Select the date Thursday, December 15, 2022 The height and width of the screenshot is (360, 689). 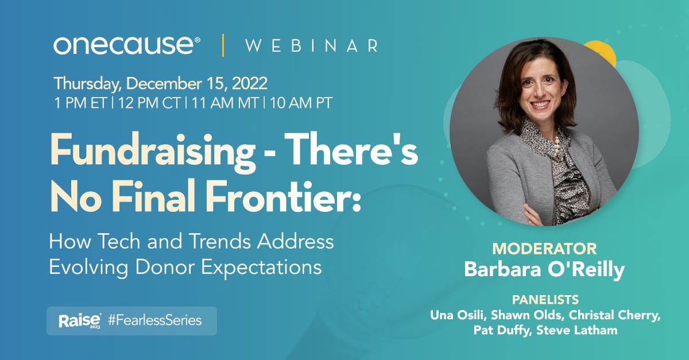pyautogui.click(x=161, y=83)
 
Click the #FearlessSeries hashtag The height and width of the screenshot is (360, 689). pyautogui.click(x=158, y=320)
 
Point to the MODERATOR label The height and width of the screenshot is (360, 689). pyautogui.click(x=544, y=249)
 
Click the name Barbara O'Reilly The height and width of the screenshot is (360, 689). pyautogui.click(x=544, y=270)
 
